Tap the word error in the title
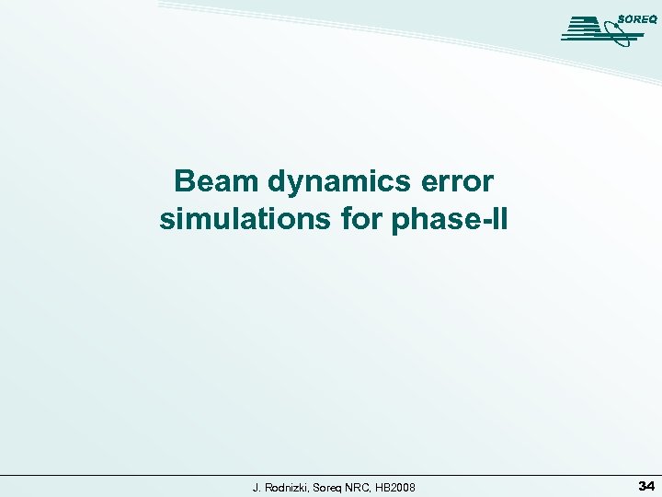pos(462,181)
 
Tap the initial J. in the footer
pos(257,486)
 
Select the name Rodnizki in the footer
pos(287,486)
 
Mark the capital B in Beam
pos(183,181)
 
